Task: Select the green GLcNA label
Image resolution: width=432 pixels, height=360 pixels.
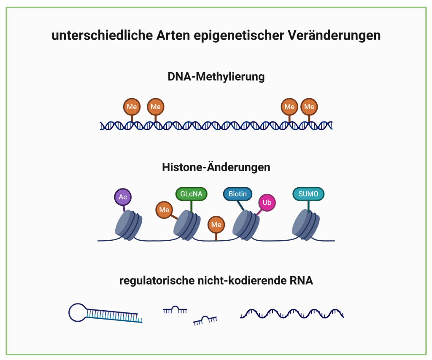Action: (x=192, y=194)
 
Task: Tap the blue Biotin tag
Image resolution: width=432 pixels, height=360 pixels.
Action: (x=238, y=194)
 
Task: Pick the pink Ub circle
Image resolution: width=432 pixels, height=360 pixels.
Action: (x=267, y=203)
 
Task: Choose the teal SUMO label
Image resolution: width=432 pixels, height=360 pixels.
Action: (x=308, y=194)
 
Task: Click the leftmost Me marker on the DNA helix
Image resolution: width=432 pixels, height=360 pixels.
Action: (x=132, y=107)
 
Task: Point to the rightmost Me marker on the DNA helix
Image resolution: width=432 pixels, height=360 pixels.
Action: (x=309, y=107)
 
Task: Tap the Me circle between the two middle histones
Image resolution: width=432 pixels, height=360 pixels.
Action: (x=216, y=225)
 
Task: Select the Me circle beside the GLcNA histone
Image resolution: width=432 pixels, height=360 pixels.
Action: (x=164, y=210)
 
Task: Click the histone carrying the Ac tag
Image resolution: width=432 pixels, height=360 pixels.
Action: (x=129, y=226)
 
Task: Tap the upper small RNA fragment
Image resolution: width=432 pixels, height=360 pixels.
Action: (x=175, y=310)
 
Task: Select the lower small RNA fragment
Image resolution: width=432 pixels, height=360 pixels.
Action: (x=205, y=320)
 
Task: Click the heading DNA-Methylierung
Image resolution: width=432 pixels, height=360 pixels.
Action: (x=216, y=77)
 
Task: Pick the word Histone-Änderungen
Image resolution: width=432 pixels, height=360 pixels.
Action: (x=216, y=167)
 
